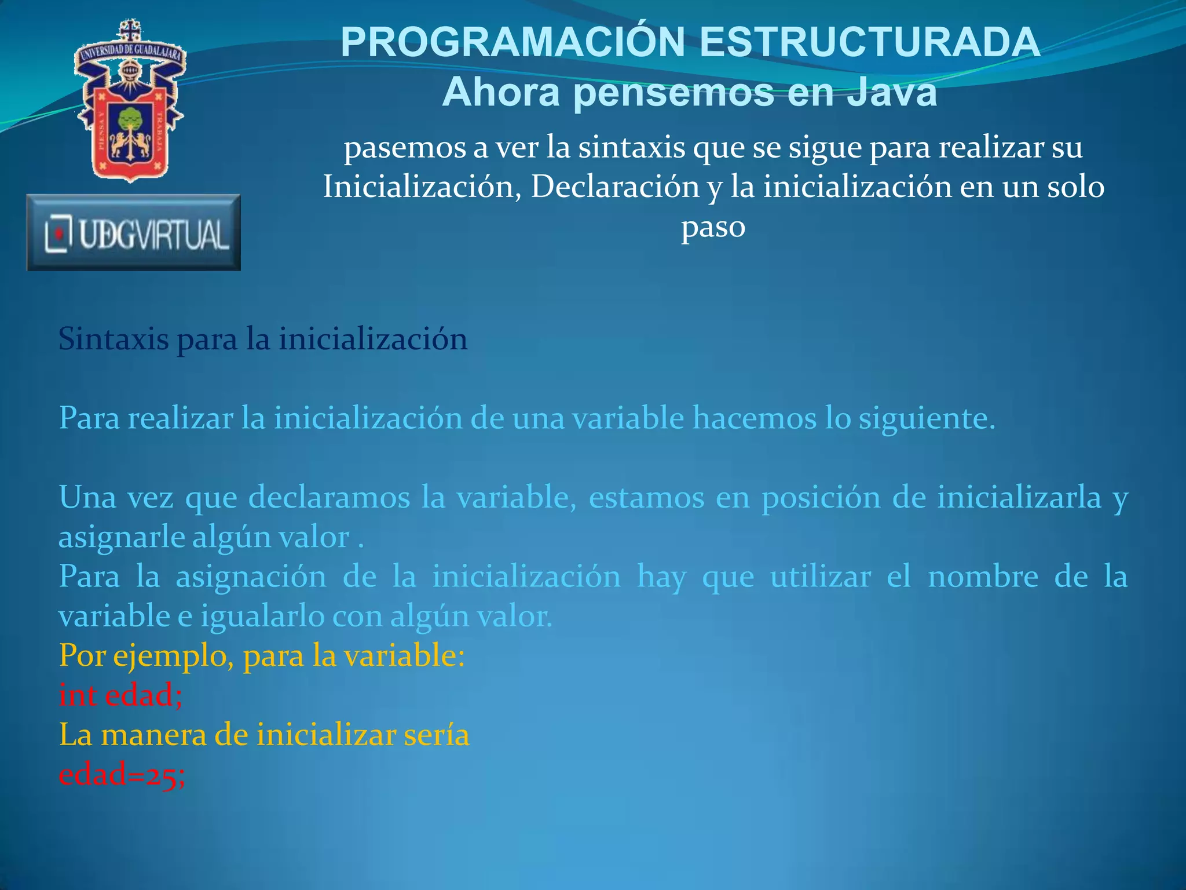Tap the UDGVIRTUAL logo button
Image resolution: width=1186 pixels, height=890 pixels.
pyautogui.click(x=134, y=232)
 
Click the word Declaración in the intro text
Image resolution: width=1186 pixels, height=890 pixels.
pyautogui.click(x=615, y=187)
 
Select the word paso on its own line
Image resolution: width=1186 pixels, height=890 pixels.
pyautogui.click(x=713, y=227)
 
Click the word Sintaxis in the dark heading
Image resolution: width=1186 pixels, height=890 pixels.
pyautogui.click(x=114, y=339)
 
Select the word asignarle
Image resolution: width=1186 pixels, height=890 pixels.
pyautogui.click(x=122, y=537)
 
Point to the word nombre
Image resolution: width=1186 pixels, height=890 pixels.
pyautogui.click(x=983, y=577)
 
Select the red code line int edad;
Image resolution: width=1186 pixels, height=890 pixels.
pyautogui.click(x=121, y=695)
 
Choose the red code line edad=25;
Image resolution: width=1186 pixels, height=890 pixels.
pyautogui.click(x=122, y=775)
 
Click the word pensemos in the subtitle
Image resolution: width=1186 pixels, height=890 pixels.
pyautogui.click(x=673, y=93)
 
